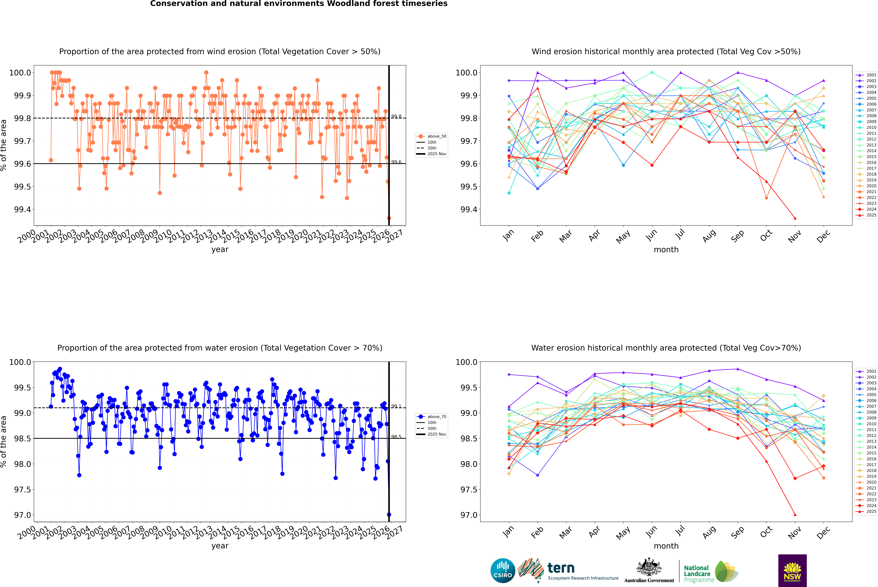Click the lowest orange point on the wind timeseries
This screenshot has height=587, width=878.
coord(389,218)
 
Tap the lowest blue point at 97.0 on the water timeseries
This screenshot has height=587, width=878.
coord(389,515)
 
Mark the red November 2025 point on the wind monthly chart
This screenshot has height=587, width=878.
coord(795,218)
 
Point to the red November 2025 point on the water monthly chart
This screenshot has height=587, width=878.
coord(795,515)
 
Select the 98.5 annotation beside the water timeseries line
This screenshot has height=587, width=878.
coord(396,437)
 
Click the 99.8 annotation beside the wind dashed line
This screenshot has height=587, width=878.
coord(396,117)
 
